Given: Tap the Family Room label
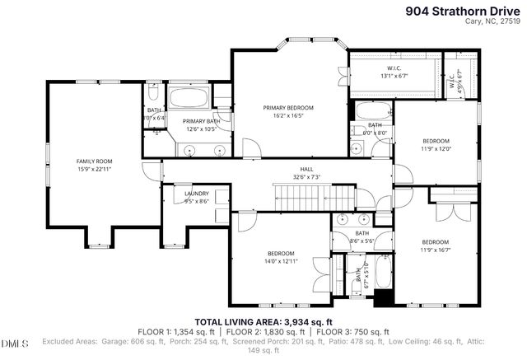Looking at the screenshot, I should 95,161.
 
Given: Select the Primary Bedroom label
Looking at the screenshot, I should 288,108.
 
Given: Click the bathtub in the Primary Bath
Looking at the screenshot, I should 189,101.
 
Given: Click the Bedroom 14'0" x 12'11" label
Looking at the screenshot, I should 282,256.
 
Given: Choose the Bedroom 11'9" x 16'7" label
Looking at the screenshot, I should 436,245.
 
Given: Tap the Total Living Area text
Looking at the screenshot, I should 263,321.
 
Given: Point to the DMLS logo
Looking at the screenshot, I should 15,342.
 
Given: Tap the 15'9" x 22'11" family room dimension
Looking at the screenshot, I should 95,168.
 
